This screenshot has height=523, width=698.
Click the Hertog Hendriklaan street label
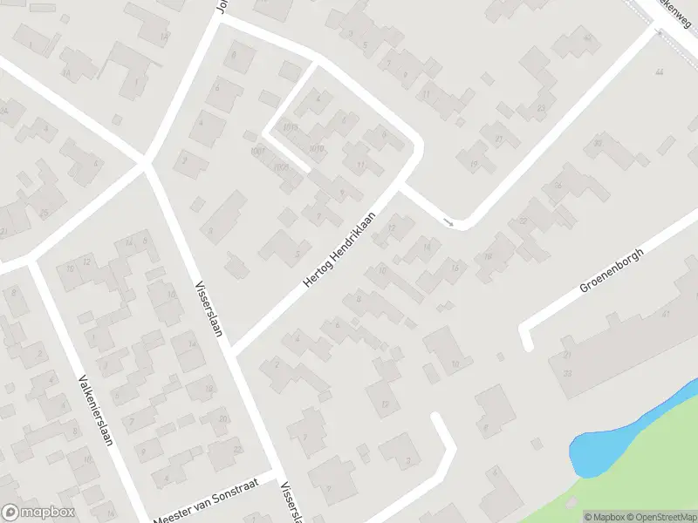coord(339,251)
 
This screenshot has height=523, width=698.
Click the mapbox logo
coord(38,513)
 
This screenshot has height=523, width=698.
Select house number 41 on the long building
coord(666,313)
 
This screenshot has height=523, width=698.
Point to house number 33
coord(567,373)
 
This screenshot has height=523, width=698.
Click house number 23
coord(541,108)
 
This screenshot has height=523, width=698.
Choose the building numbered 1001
coord(257,152)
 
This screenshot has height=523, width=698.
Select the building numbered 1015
coord(291,127)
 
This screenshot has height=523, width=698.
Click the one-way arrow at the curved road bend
coord(448,223)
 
